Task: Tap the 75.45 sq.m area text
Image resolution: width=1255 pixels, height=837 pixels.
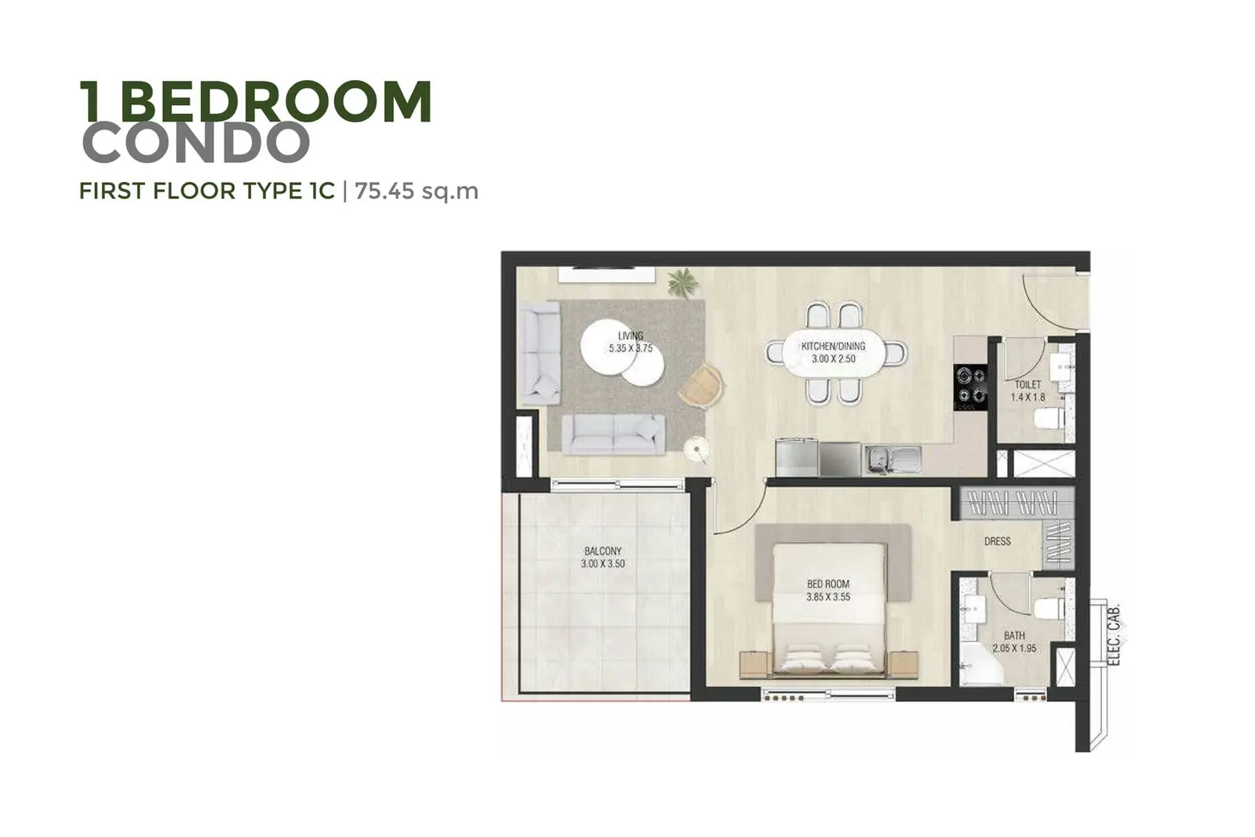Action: pyautogui.click(x=417, y=191)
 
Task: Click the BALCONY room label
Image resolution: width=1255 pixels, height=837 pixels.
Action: pyautogui.click(x=603, y=551)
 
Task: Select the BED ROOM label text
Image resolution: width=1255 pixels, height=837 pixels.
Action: pyautogui.click(x=828, y=584)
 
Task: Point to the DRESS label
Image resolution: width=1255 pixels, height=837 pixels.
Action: pyautogui.click(x=997, y=541)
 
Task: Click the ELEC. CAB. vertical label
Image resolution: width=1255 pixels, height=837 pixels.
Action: pyautogui.click(x=1114, y=634)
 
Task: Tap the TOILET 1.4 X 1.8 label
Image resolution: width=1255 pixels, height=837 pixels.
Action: pyautogui.click(x=1028, y=391)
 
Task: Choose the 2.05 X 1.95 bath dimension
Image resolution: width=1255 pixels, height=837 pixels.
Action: pyautogui.click(x=1015, y=648)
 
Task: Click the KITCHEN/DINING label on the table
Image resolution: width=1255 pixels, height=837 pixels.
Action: pyautogui.click(x=833, y=346)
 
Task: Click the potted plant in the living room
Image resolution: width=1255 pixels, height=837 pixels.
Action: pyautogui.click(x=683, y=283)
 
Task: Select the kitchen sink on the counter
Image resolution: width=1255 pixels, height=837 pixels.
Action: pyautogui.click(x=892, y=459)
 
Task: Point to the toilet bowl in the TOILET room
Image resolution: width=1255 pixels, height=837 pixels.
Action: pyautogui.click(x=1049, y=419)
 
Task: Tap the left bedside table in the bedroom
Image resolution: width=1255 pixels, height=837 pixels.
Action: pyautogui.click(x=754, y=665)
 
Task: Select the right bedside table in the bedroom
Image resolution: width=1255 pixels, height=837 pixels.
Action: pyautogui.click(x=904, y=665)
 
